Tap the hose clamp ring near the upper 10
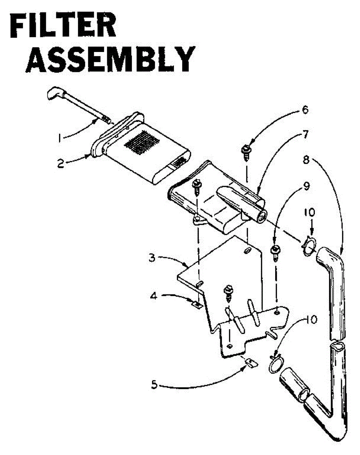tap(310, 245)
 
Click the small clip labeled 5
tap(250, 363)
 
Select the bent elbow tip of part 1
tap(56, 93)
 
